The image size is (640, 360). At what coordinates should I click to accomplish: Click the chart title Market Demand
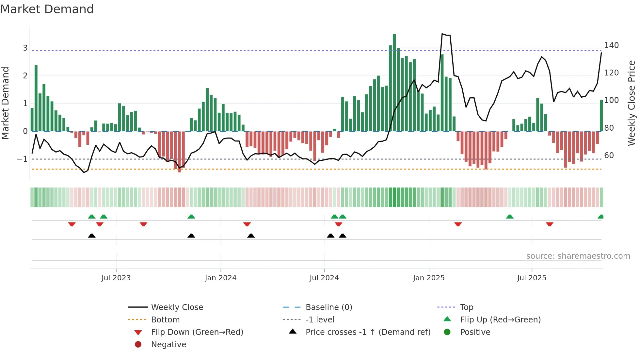click(47, 9)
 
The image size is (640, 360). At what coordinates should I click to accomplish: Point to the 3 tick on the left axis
click(25, 48)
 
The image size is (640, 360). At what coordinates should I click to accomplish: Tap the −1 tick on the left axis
click(23, 159)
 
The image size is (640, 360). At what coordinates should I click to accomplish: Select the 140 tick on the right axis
click(611, 45)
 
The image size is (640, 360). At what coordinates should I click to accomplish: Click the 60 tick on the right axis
click(609, 155)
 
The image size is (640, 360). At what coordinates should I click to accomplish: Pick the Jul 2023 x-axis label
click(116, 278)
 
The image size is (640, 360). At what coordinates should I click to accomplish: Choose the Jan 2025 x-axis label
click(428, 278)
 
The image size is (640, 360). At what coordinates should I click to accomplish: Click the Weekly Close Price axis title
click(632, 103)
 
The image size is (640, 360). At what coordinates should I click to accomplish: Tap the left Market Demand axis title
click(5, 103)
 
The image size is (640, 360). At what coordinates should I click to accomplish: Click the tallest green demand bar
click(394, 82)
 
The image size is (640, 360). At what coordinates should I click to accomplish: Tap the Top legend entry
click(466, 307)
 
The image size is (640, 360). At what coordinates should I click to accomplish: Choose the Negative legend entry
click(168, 345)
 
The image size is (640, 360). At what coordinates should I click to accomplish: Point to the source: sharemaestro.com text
click(578, 256)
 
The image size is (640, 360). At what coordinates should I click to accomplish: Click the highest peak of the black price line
click(442, 34)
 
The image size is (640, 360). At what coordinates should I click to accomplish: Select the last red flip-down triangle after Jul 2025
click(550, 224)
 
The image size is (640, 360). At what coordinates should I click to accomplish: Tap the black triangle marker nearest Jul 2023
click(92, 236)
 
